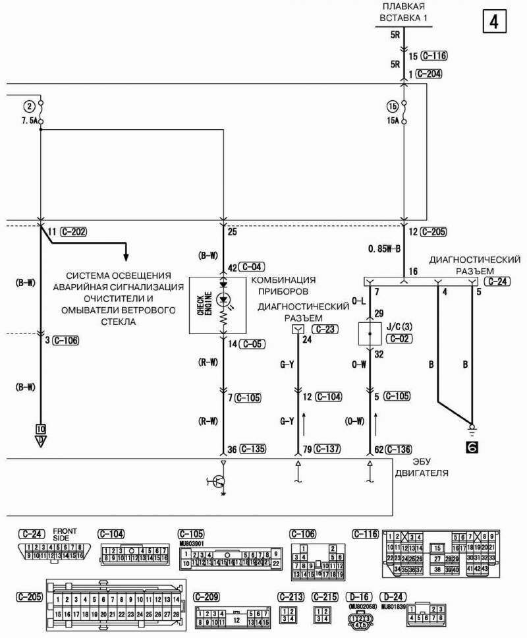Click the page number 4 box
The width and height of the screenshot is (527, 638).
click(494, 22)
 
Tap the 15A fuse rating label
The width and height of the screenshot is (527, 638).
click(394, 121)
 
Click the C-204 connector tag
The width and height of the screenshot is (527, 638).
click(429, 74)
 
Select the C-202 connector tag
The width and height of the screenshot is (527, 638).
click(73, 232)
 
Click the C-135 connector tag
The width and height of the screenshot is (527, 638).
click(253, 449)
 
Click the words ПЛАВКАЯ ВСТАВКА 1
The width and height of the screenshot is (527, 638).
click(404, 12)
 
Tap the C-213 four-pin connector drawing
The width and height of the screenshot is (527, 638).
click(289, 614)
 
